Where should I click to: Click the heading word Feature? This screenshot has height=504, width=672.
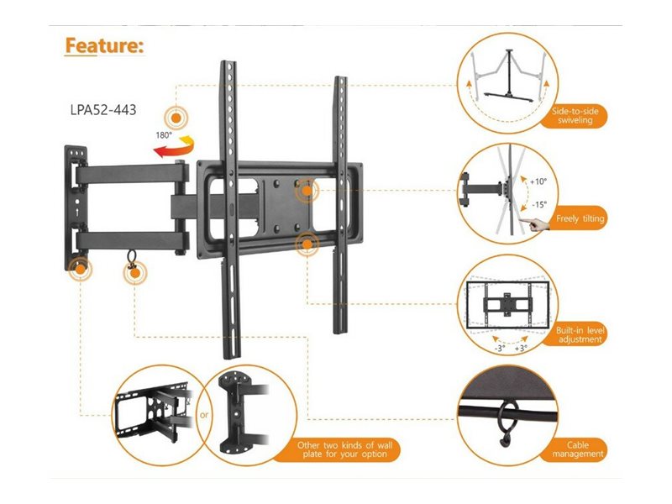[104, 45]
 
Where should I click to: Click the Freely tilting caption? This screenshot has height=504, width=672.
[580, 218]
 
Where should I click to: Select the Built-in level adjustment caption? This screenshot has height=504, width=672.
[579, 334]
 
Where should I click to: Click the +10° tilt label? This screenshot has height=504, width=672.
[538, 181]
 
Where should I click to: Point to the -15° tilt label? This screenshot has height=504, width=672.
[538, 204]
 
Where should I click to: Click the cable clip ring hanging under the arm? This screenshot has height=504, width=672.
[132, 258]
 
